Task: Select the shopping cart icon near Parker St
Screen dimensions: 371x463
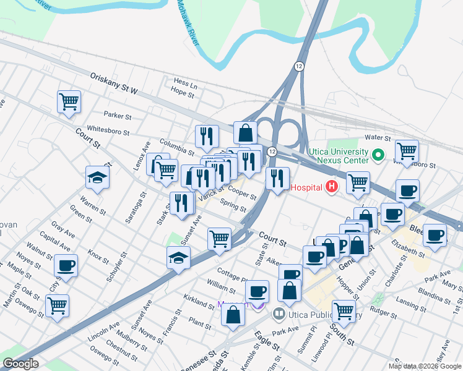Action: [69, 101]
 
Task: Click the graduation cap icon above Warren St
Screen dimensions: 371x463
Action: [97, 178]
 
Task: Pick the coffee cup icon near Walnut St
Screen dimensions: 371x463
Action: [66, 266]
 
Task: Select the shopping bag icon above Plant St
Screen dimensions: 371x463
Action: [233, 315]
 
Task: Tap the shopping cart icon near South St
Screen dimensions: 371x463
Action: [344, 311]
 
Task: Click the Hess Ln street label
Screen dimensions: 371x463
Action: [185, 82]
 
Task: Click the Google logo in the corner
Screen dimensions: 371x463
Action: [20, 364]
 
